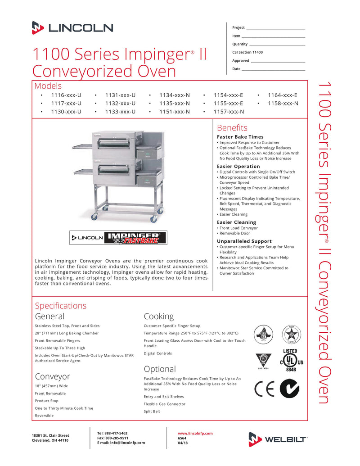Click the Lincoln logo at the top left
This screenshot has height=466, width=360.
[x=72, y=28]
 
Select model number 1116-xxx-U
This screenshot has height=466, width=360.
[x=66, y=95]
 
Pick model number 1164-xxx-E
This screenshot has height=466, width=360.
[x=282, y=95]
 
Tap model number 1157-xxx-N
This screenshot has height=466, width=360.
[x=229, y=112]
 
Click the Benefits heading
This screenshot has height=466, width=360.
[x=232, y=127]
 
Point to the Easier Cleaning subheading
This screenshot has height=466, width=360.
[x=236, y=222]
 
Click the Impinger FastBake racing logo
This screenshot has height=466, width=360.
[x=135, y=237]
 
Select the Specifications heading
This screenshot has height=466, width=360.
[x=60, y=306]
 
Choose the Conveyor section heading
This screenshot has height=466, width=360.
[x=53, y=376]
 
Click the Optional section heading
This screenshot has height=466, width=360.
[x=160, y=369]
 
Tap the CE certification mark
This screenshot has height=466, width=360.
[x=264, y=389]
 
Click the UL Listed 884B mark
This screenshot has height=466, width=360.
[x=289, y=359]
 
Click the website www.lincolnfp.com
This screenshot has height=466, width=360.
[x=195, y=433]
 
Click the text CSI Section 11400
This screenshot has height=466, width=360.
[x=247, y=52]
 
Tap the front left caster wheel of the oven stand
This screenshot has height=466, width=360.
[x=94, y=217]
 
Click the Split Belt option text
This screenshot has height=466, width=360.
[x=152, y=412]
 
